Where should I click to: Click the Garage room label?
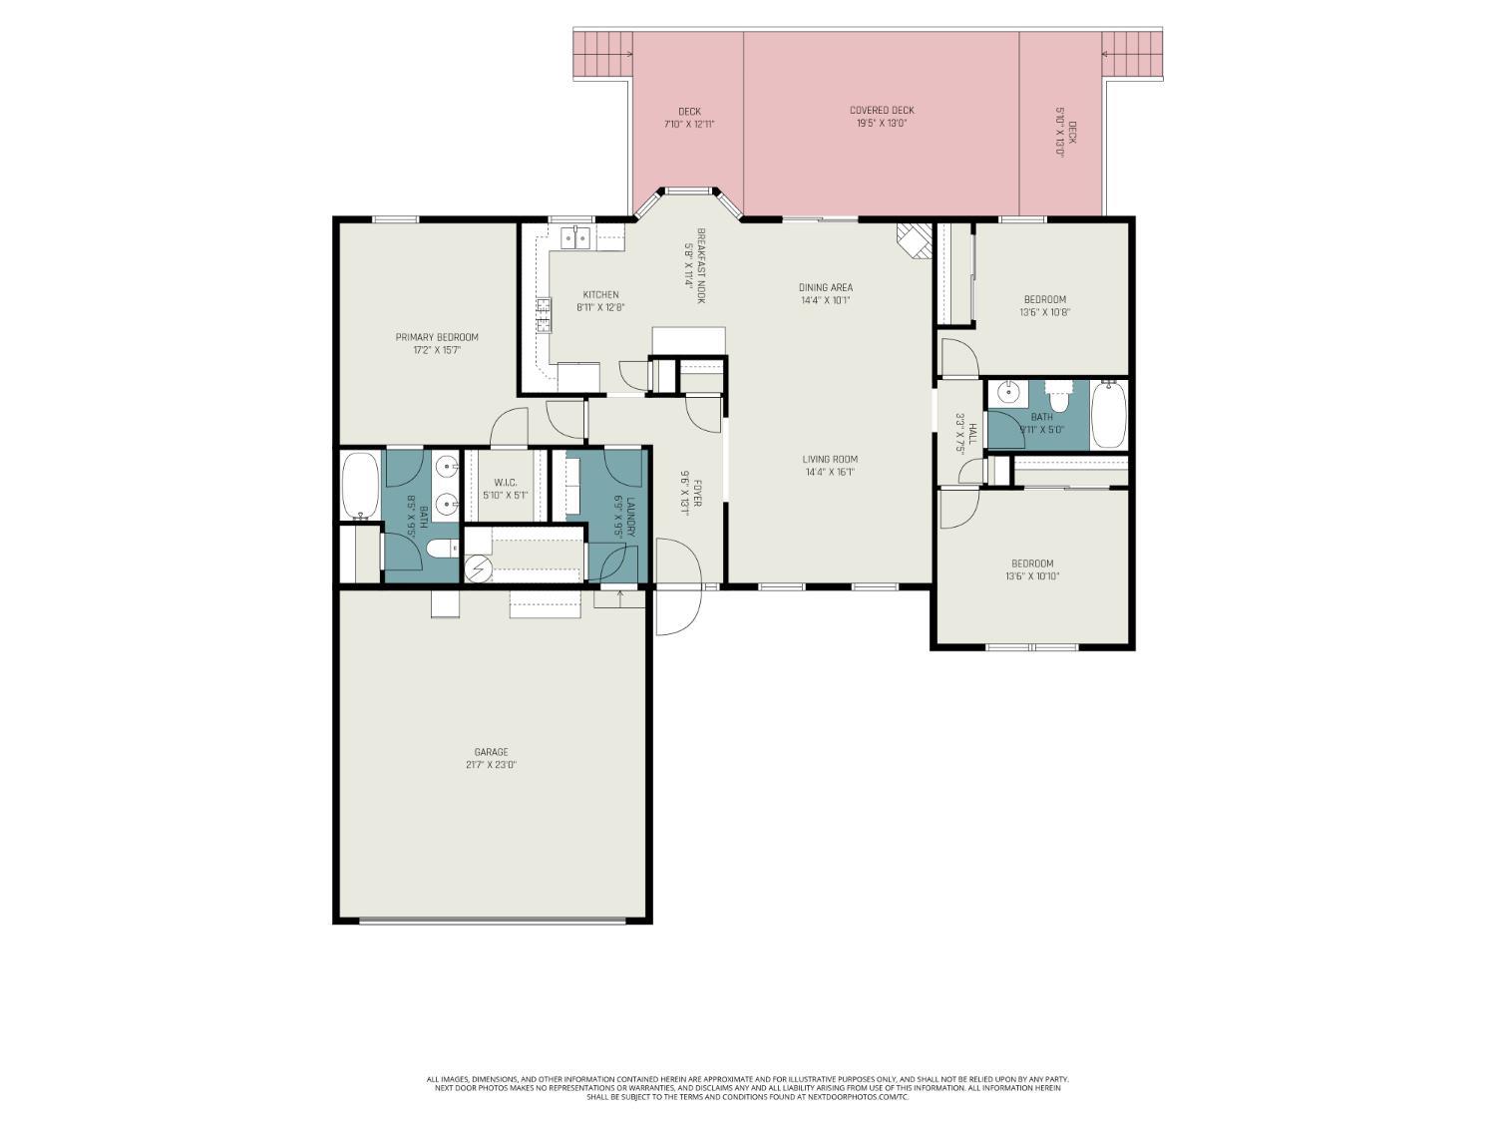[x=491, y=752]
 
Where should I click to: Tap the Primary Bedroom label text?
[x=437, y=337]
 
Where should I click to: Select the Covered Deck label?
[x=882, y=111]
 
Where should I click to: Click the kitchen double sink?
[x=575, y=237]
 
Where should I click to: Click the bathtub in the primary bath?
[x=360, y=486]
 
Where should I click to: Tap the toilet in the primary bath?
[x=440, y=549]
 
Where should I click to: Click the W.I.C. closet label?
[x=505, y=483]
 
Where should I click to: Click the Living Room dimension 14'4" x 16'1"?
[x=830, y=473]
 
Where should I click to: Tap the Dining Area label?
[x=826, y=287]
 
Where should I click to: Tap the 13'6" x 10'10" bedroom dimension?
[x=1032, y=576]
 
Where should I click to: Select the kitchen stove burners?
[x=544, y=314]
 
